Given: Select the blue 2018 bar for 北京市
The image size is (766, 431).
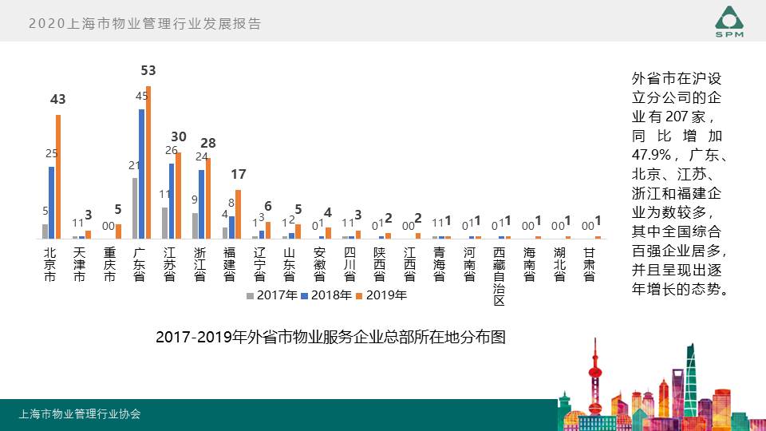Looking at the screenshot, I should coord(52,203).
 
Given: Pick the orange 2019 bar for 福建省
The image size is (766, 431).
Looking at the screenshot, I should coord(238,214).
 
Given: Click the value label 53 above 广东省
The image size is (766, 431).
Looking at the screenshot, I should coord(148,71).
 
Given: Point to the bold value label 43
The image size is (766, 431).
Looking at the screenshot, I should coord(58,100).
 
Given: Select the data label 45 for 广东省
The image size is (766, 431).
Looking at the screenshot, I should coord(141,97).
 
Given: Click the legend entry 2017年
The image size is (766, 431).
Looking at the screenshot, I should coord(272,295).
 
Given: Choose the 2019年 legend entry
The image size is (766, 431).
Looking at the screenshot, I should coord(381,295).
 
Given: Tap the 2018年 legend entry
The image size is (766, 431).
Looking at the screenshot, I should coord(326,295).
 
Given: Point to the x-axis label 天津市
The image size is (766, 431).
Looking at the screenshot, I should coord(79,264).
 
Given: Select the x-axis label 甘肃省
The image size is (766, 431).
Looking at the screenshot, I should coord(589,264).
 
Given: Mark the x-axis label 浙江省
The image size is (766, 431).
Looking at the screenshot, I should coord(199,264).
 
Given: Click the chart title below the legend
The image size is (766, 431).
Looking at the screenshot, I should coord(330,337).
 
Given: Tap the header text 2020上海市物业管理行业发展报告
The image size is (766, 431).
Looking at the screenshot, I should coord(144,24).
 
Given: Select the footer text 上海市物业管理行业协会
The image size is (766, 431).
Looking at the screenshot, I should coord(80,414).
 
